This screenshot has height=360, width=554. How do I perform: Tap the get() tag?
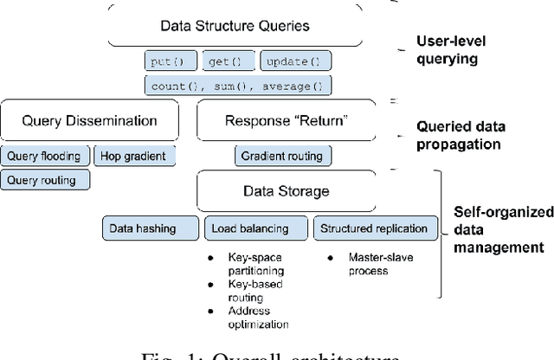(228, 62)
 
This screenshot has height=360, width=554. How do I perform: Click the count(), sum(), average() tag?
(237, 85)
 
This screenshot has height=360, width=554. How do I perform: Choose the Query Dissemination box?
(89, 121)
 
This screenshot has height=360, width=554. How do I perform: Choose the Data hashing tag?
(142, 228)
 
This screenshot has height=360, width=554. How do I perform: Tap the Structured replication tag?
(374, 228)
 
